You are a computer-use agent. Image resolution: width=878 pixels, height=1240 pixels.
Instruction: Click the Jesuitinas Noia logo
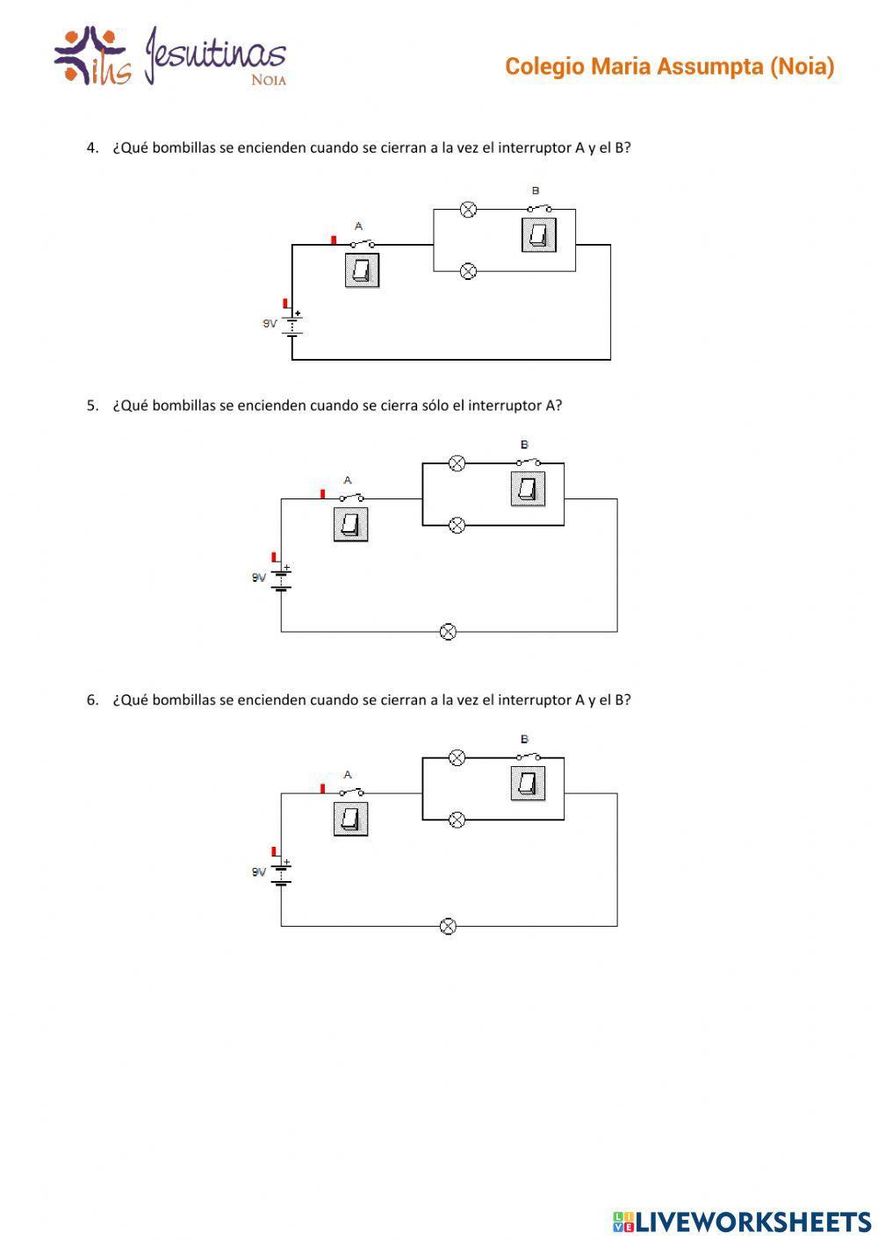[x=169, y=57]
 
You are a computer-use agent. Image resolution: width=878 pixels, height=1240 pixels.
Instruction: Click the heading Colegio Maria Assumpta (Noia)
[x=669, y=67]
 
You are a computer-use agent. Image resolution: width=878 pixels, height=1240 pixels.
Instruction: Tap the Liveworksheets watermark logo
[x=741, y=1221]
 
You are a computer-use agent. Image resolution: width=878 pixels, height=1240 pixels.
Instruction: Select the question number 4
[x=92, y=148]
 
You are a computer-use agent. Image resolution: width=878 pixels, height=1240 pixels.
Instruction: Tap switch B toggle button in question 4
[x=538, y=234]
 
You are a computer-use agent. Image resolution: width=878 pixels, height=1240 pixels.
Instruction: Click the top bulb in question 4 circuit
[x=469, y=210]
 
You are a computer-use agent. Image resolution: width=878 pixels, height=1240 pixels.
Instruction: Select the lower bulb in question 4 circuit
[x=469, y=271]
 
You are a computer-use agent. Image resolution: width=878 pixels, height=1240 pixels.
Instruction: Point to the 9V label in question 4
[x=270, y=324]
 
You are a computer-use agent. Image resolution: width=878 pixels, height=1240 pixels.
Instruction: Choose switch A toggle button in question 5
[x=350, y=524]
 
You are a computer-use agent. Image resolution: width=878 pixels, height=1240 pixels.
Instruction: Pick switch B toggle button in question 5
[x=528, y=489]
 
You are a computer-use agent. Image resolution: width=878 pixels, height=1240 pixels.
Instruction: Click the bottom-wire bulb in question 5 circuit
[x=448, y=632]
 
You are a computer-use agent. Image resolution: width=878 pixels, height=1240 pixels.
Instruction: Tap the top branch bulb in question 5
[x=457, y=463]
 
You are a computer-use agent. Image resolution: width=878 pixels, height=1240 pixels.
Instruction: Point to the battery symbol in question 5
[x=281, y=579]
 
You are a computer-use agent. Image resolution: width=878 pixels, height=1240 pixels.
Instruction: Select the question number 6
[x=92, y=700]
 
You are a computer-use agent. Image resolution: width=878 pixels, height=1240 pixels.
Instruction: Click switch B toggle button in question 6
[x=528, y=783]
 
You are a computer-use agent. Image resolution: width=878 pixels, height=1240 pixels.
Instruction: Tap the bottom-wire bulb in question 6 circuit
[x=448, y=926]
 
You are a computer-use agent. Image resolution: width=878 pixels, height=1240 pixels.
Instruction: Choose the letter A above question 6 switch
[x=348, y=775]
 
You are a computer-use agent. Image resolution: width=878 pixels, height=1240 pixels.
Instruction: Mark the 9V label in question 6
[x=258, y=872]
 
